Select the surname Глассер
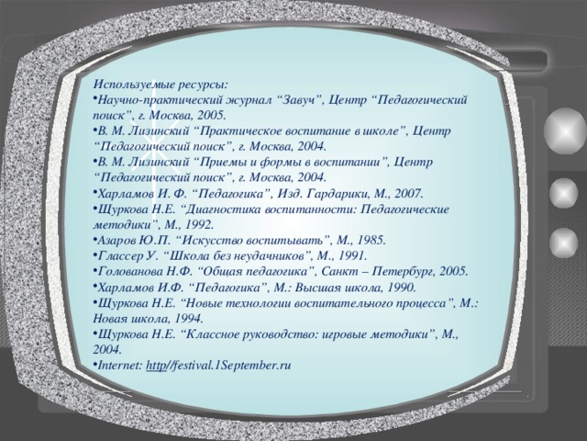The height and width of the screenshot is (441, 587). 125,254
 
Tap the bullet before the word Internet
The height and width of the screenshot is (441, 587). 95,365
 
